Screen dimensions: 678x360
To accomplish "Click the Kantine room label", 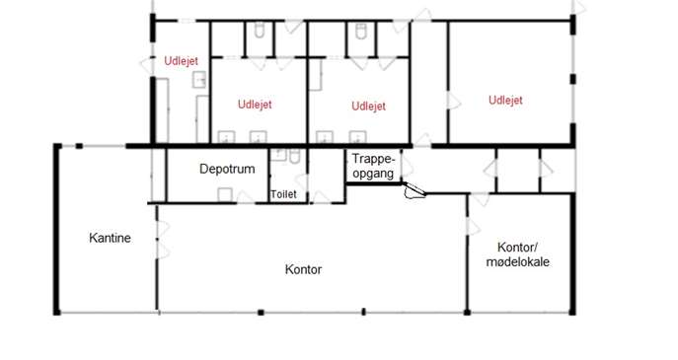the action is point(110,238).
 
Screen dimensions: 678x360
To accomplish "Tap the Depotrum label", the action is point(227,169).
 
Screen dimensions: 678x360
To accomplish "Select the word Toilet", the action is point(283,194).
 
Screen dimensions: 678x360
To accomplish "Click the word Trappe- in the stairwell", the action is point(374,159).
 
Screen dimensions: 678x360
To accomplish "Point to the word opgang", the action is point(373,174).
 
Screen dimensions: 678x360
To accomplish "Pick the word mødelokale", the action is point(517,262).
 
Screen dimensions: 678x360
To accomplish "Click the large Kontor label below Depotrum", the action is point(303,269).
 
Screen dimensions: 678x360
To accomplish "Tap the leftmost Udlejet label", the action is point(182,61).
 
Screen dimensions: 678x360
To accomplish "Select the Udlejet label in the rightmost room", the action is point(505,101).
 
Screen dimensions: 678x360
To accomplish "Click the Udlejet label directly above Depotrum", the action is point(255,105).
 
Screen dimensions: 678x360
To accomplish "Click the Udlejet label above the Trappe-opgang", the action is point(368,107).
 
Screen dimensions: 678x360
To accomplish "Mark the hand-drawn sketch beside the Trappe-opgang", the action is point(414,190).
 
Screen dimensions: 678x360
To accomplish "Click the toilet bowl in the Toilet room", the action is point(294,156).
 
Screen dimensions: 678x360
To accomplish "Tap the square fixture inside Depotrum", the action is point(225,195).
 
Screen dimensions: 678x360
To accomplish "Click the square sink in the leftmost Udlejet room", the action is point(199,80).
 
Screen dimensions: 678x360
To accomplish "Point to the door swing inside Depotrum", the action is point(245,197).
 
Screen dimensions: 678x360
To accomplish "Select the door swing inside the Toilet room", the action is point(302,182).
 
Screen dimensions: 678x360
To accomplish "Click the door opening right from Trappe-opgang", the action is point(408,168).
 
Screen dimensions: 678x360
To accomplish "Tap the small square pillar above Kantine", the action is point(79,146).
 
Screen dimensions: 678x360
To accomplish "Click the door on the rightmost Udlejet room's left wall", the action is point(454,102).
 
